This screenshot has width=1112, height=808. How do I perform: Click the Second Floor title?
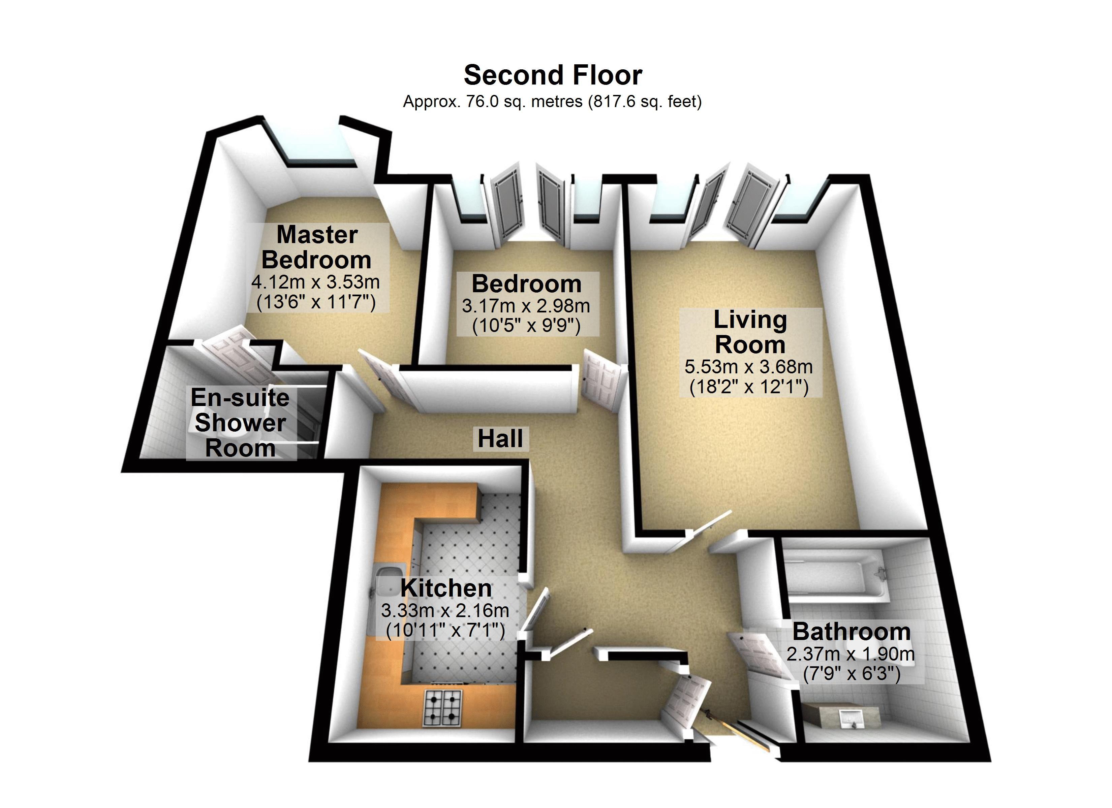(x=553, y=75)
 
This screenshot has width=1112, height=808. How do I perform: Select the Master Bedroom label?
(x=317, y=247)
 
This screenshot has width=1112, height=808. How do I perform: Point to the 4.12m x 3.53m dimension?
(x=316, y=282)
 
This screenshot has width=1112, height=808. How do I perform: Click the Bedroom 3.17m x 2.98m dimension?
(x=526, y=306)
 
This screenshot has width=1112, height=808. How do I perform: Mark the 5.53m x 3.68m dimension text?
(x=749, y=367)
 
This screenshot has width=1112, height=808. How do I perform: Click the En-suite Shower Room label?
(x=240, y=423)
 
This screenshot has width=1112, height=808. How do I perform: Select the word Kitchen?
(x=446, y=588)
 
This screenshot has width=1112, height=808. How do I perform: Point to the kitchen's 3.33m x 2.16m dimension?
(x=445, y=610)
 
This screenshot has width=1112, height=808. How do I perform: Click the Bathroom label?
(x=852, y=632)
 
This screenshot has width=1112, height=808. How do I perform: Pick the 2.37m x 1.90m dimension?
(x=851, y=654)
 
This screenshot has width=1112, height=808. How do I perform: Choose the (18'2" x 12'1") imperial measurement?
(x=749, y=387)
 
